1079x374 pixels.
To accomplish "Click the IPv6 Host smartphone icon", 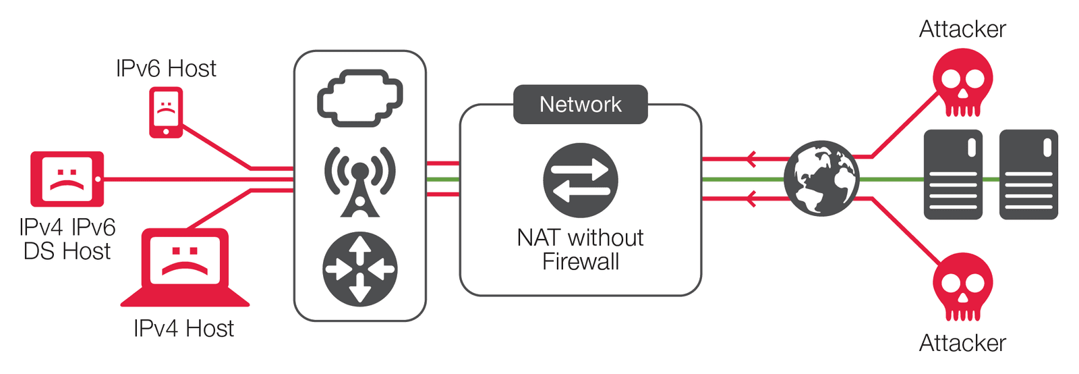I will [x=166, y=113].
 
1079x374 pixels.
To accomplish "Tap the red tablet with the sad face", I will [x=67, y=179].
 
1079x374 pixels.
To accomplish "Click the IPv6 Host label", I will [x=166, y=68].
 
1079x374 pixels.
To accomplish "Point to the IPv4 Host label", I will [x=183, y=329].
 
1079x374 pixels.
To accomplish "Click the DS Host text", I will [x=67, y=251].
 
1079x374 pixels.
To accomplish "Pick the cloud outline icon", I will [x=360, y=98].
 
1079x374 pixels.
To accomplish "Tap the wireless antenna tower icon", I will [x=360, y=181].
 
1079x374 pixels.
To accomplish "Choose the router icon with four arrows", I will [x=360, y=269].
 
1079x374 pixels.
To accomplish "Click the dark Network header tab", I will [x=581, y=104].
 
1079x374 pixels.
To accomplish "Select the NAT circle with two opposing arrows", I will [x=581, y=180].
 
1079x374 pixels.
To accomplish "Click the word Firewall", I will [x=581, y=262].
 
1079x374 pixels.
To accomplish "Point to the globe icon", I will [x=821, y=179].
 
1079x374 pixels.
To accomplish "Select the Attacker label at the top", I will [x=962, y=29].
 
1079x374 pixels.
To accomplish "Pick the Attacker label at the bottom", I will [x=962, y=343].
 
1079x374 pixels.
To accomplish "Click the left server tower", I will [x=953, y=175].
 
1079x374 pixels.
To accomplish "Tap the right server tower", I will [x=1028, y=175].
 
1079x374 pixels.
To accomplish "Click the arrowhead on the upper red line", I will [x=751, y=159].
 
